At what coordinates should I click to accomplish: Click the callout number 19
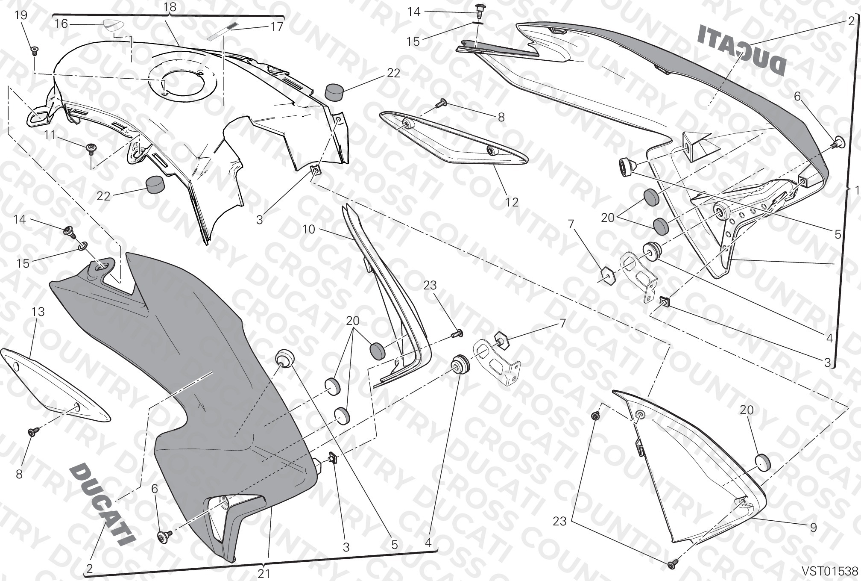click(x=20, y=15)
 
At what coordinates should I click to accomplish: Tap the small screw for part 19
click(x=34, y=51)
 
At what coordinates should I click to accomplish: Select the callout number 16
click(x=61, y=24)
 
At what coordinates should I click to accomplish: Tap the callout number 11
click(x=50, y=135)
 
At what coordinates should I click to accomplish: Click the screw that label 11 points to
click(x=91, y=148)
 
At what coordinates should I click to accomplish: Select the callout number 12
click(x=512, y=202)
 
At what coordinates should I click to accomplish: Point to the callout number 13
click(x=38, y=312)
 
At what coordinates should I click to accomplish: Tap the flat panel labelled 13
click(x=55, y=386)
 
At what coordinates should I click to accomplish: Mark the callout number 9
click(x=813, y=528)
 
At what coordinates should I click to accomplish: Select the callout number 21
click(x=264, y=573)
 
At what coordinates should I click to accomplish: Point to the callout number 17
click(x=277, y=27)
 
